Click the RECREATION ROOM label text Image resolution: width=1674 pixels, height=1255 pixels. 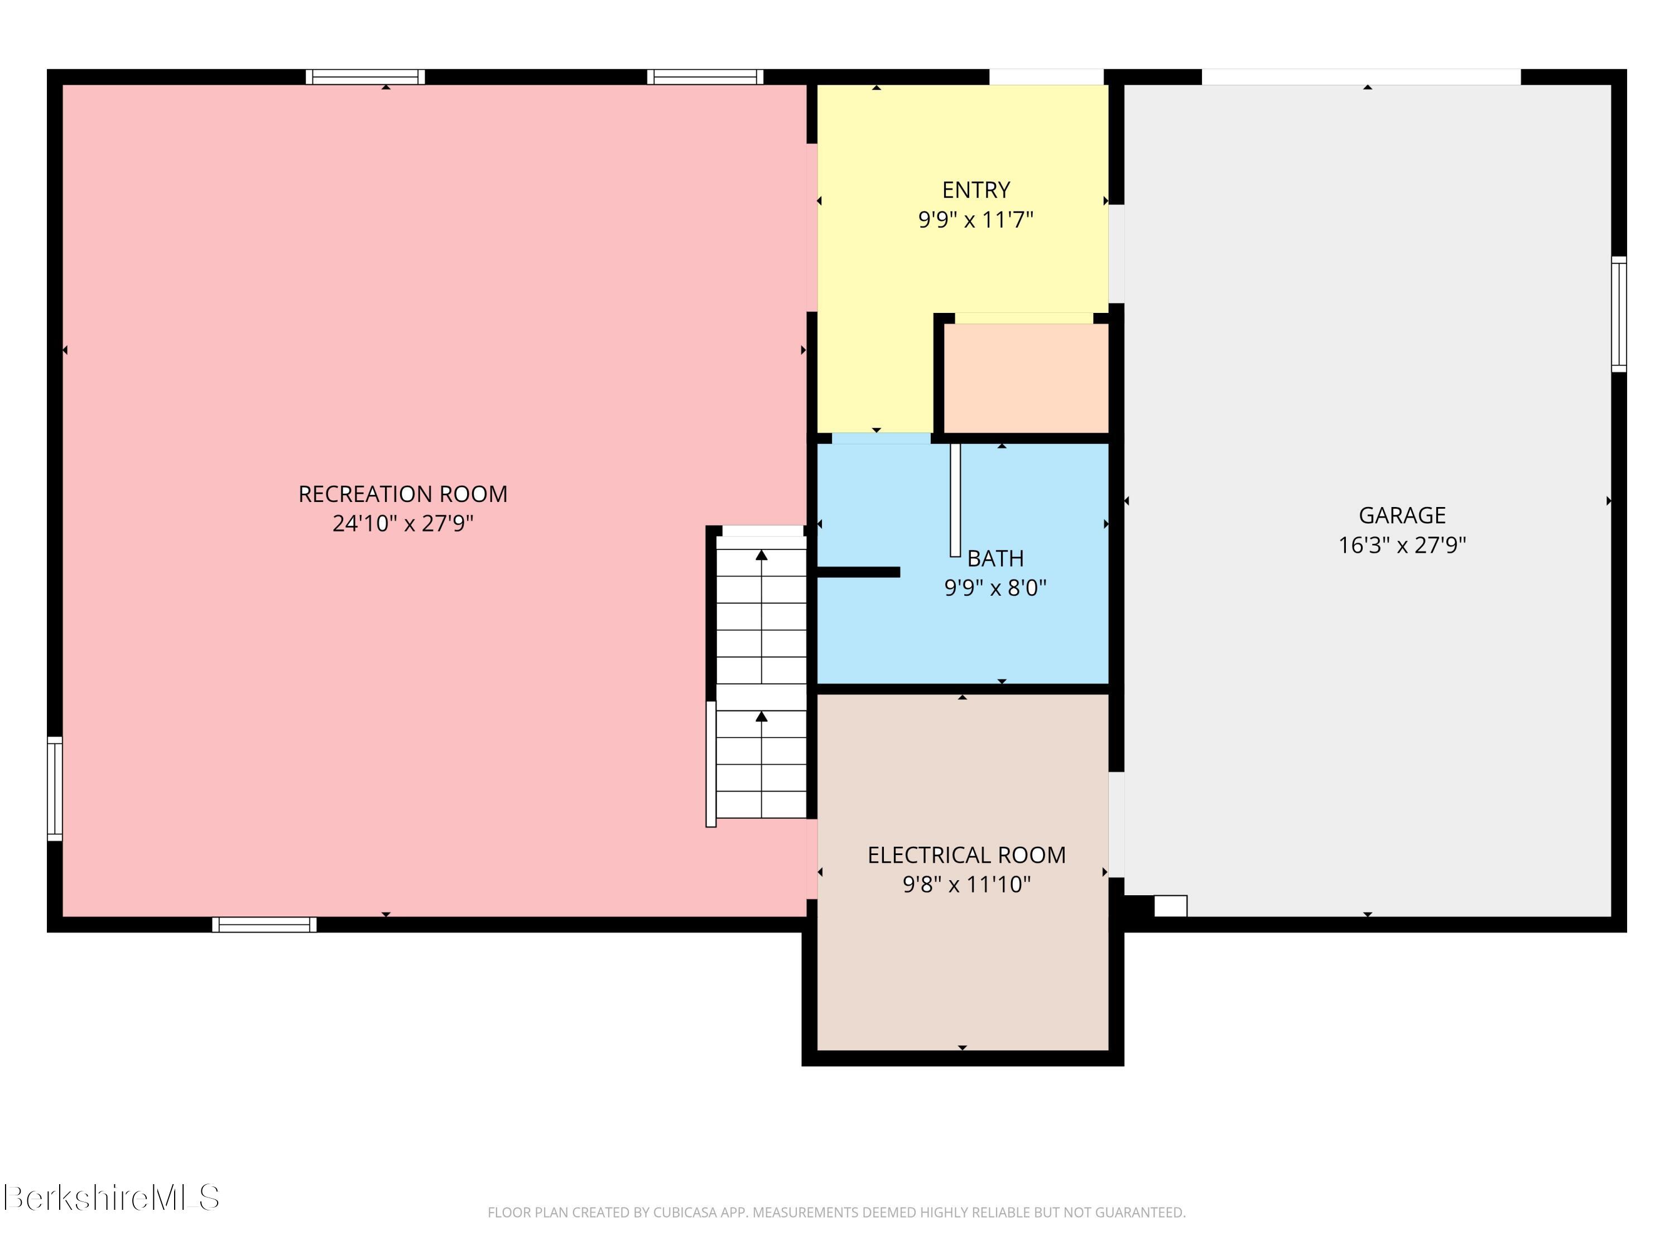point(403,494)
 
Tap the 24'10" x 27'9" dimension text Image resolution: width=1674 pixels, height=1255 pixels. point(403,524)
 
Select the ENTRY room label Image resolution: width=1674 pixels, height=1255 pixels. point(975,189)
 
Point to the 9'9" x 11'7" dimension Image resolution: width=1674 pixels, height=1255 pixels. point(975,219)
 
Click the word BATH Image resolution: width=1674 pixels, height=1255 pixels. point(995,558)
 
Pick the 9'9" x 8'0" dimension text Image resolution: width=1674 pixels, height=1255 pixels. point(995,588)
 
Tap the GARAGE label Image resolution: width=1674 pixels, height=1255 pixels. point(1402,515)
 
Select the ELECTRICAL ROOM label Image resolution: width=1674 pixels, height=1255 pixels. point(966,855)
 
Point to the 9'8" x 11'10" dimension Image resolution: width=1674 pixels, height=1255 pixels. point(966,884)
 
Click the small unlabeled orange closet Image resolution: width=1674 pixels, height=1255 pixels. point(1026,378)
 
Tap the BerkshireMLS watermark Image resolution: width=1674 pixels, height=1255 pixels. point(110,1198)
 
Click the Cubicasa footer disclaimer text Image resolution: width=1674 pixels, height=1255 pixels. point(836,1213)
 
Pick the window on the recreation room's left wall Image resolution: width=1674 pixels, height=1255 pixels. point(55,788)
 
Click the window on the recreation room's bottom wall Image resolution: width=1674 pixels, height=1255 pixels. point(264,924)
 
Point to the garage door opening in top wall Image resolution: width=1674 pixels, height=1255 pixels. point(1362,77)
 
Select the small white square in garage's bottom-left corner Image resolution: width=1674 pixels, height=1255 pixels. point(1171,905)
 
